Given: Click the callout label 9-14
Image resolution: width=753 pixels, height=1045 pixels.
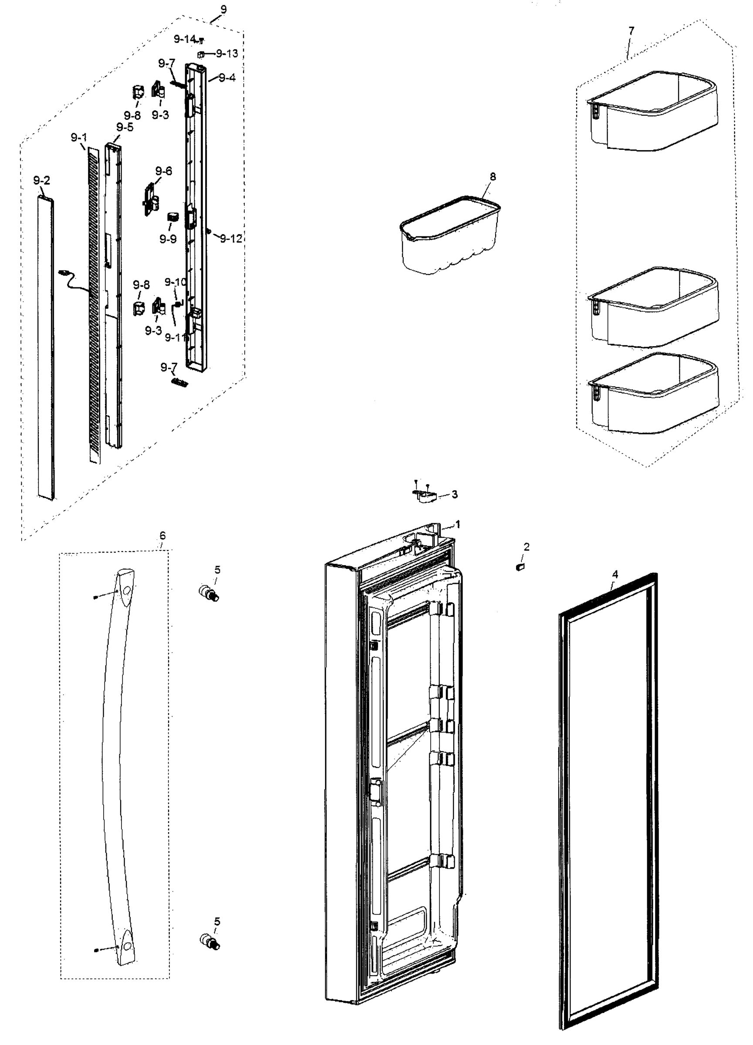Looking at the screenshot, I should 184,39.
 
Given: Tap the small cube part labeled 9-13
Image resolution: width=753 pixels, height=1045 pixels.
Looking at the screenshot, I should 200,54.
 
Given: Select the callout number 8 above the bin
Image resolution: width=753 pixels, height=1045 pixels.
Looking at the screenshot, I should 493,176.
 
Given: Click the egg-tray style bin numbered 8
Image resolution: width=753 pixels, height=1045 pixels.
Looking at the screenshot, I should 450,235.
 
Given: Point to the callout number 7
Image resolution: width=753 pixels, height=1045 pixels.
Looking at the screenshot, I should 631,30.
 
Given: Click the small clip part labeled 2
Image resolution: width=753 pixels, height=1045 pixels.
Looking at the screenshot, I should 521,567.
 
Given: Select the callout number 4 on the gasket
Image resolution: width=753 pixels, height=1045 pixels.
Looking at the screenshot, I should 615,574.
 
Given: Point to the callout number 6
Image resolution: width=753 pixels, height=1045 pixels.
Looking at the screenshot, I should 162,536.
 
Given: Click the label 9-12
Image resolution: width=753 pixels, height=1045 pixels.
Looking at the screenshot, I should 231,238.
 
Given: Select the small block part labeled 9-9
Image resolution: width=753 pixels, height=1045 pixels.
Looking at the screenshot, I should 172,216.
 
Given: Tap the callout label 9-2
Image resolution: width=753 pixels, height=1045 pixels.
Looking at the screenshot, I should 41,181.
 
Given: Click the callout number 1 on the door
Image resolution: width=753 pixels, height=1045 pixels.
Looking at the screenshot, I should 458,524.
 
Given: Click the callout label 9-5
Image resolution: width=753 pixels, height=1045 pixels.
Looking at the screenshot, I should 125,127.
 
